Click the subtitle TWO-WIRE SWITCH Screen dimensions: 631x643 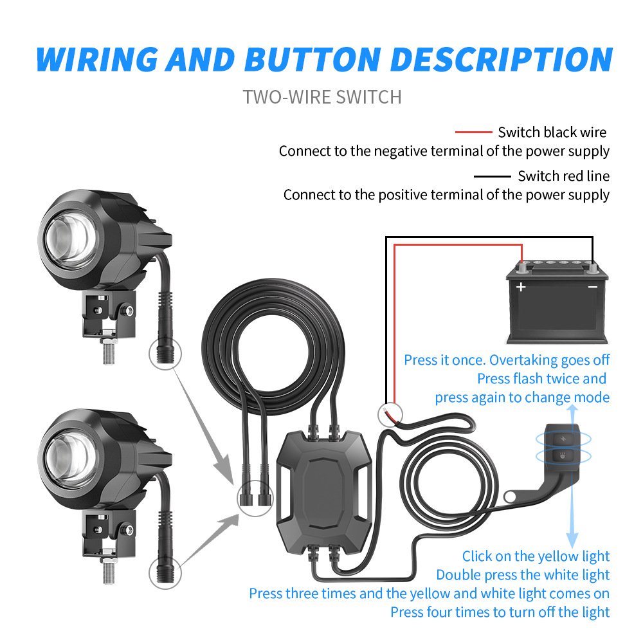click(x=322, y=97)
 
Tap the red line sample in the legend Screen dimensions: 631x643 click(x=473, y=133)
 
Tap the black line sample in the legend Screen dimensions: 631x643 click(x=492, y=176)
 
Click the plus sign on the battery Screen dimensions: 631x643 click(x=521, y=287)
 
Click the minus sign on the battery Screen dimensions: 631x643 click(x=593, y=287)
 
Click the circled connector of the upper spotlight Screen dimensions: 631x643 click(x=165, y=352)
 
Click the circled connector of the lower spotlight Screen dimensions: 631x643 click(x=165, y=571)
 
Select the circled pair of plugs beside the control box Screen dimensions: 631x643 click(x=253, y=497)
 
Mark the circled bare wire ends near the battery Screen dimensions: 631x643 click(x=390, y=412)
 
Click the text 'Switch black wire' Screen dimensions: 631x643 click(x=552, y=133)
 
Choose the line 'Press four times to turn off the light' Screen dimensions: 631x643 click(x=500, y=612)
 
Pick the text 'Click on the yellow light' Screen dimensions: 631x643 click(x=536, y=556)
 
